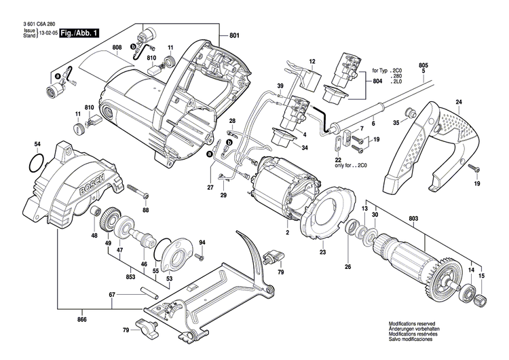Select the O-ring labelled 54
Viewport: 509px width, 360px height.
pos(36,163)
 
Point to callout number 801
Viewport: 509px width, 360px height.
pos(234,35)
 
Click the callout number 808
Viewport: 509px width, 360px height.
pos(117,48)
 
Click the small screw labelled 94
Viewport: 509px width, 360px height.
pos(200,258)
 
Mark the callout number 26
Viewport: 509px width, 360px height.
pos(348,267)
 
